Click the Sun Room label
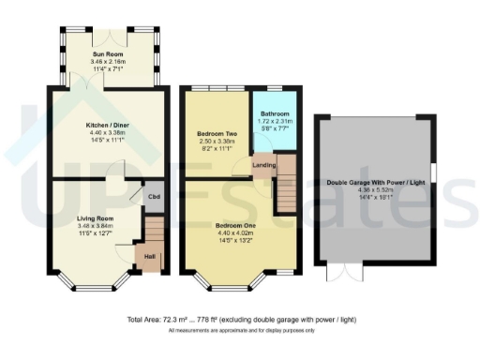pyautogui.click(x=110, y=54)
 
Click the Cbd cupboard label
pyautogui.click(x=153, y=197)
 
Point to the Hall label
pyautogui.click(x=149, y=254)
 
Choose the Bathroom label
pyautogui.click(x=275, y=114)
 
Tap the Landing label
pyautogui.click(x=264, y=166)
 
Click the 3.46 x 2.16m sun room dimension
pyautogui.click(x=110, y=61)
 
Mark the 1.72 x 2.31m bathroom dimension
pyautogui.click(x=275, y=122)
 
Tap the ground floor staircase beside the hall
pyautogui.click(x=155, y=231)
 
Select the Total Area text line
pyautogui.click(x=241, y=320)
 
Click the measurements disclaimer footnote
pyautogui.click(x=240, y=331)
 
